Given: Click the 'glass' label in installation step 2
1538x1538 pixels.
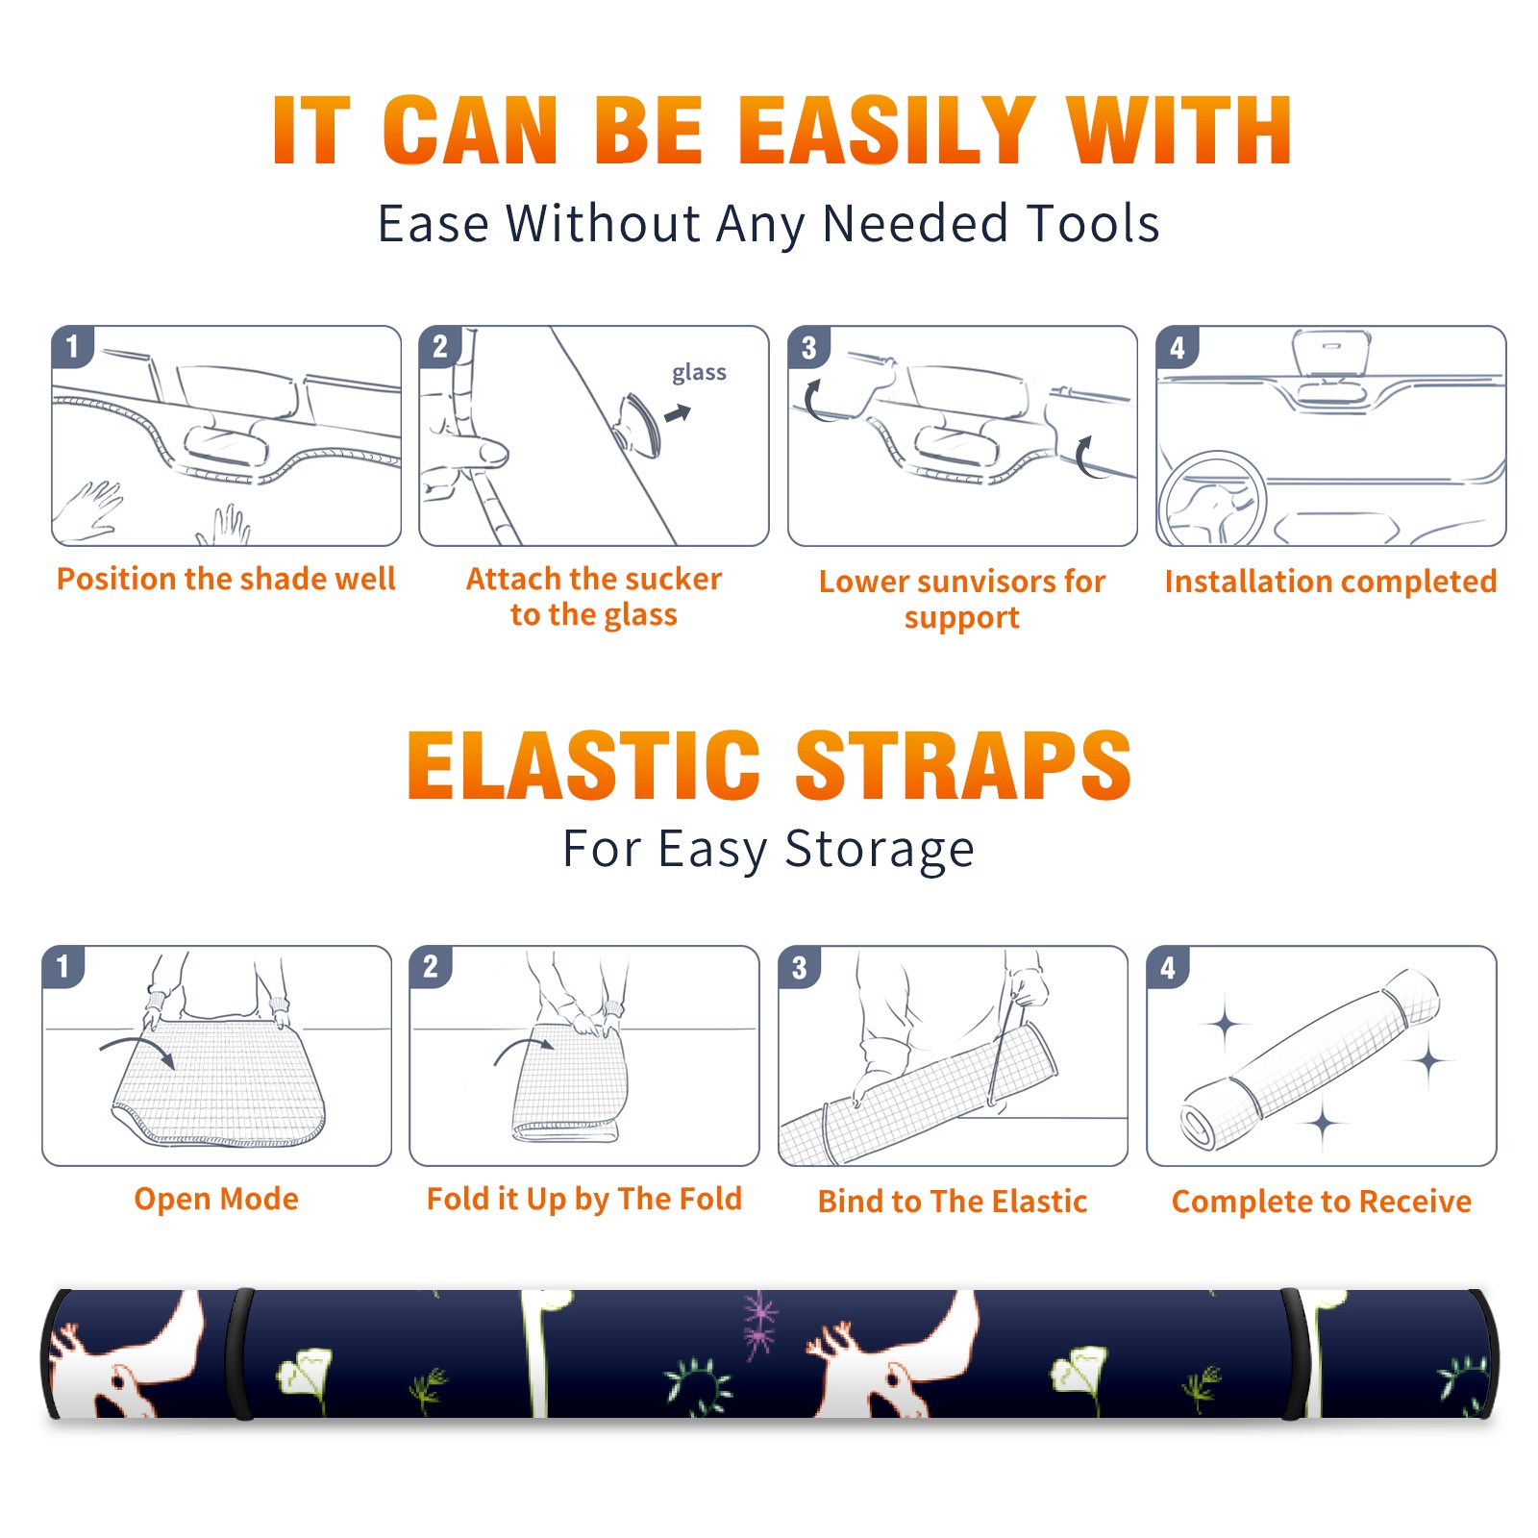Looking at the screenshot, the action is [x=699, y=373].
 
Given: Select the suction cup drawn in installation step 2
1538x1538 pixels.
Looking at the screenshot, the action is [x=638, y=424].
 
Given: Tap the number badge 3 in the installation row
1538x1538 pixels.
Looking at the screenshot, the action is [x=808, y=347].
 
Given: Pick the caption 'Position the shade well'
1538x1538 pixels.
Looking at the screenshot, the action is [x=226, y=579].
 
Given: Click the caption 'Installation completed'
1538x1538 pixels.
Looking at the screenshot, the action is [x=1330, y=582].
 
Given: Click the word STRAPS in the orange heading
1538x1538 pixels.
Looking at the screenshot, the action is [x=963, y=765].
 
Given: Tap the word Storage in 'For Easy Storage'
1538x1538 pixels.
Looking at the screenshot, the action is [x=879, y=850].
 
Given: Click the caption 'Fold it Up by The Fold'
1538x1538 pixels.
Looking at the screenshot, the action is [x=584, y=1200].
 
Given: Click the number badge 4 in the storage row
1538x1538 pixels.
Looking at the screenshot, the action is [x=1168, y=967].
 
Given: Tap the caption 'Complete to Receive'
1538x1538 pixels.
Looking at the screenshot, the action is [x=1322, y=1202].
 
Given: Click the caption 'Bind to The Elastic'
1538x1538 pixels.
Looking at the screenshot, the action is [x=953, y=1202].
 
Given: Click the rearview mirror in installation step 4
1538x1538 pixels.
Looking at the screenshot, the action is [x=1331, y=355].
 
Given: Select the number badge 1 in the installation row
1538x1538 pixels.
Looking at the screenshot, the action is [x=72, y=346].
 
